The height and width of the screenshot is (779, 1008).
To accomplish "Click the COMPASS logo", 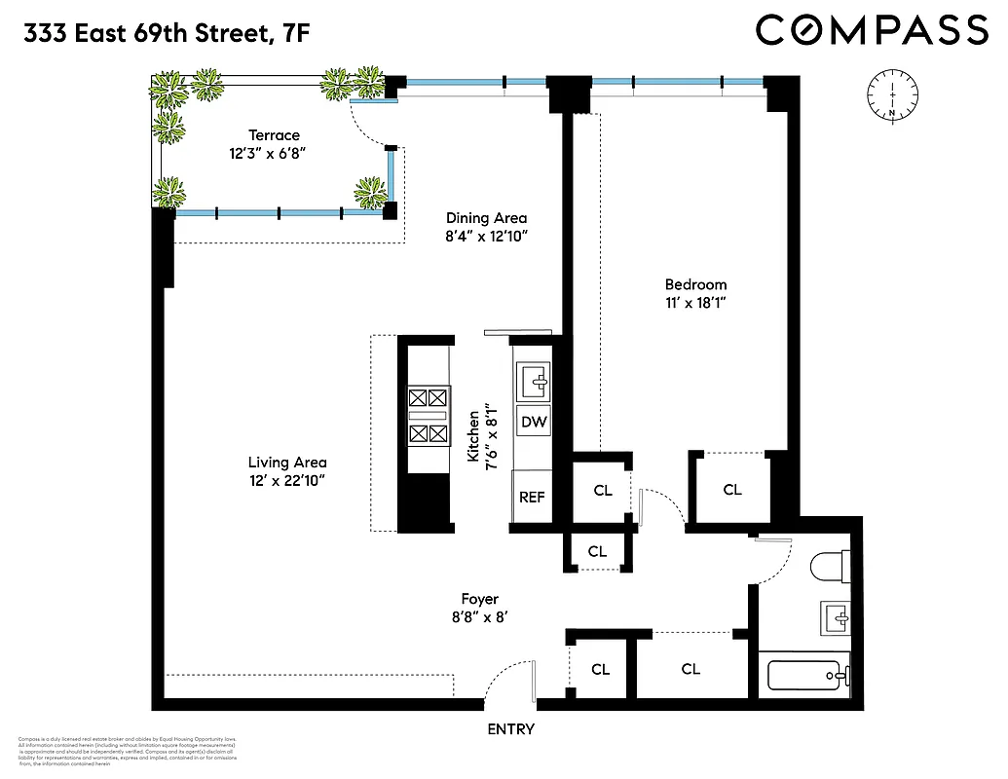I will point(872,30).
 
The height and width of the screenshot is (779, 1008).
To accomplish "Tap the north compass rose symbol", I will point(891,95).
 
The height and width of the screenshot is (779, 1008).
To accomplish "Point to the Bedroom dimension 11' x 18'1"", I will point(695,303).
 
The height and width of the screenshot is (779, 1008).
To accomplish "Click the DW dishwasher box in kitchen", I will point(532,422).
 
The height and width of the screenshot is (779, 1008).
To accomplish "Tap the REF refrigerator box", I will point(531,497).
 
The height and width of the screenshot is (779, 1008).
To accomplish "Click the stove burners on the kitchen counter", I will point(429,414).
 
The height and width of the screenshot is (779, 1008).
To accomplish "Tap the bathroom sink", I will point(835,615).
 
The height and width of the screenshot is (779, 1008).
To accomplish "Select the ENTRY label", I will point(510,729).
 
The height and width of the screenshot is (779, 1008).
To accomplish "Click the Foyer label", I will point(480,599).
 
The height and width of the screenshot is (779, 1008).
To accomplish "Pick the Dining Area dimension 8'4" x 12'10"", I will point(486,236).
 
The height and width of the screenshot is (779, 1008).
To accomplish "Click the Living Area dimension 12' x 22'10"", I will point(286,480).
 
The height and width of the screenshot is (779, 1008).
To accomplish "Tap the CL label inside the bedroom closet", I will point(732,490).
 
